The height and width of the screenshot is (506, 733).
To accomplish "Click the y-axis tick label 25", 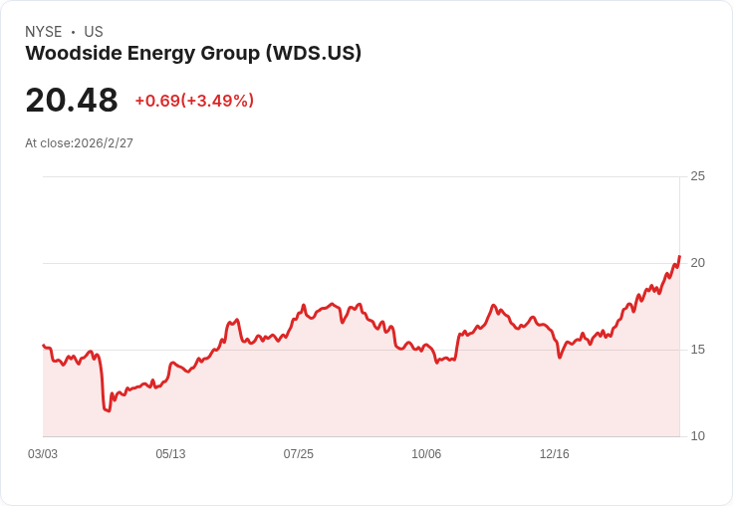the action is click(697, 176).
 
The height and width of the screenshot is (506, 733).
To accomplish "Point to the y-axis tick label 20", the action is click(697, 263).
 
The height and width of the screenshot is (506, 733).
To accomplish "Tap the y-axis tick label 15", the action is click(697, 350).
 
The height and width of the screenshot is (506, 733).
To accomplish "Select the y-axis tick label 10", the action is click(697, 436).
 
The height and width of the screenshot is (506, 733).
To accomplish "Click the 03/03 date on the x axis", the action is click(43, 454).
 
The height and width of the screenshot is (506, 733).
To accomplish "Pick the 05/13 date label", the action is click(170, 454).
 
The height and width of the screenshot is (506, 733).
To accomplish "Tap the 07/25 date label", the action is click(298, 454).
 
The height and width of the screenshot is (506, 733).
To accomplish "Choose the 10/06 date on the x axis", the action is click(426, 454).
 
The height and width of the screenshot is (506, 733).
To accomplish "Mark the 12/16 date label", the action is click(555, 454).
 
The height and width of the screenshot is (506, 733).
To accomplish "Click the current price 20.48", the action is click(72, 100).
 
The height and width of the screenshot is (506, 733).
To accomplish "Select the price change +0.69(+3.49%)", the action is click(194, 101).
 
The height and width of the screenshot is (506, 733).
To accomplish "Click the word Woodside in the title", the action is click(74, 53).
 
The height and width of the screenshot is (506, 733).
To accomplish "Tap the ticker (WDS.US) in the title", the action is click(314, 54).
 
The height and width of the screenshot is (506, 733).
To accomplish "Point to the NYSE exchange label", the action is click(44, 32).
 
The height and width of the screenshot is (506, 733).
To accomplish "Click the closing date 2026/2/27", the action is click(104, 143).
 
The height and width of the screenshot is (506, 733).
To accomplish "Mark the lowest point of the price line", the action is click(109, 411).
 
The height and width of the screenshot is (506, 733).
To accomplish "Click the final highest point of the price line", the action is click(679, 256).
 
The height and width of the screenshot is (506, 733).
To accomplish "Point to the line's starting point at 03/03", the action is click(43, 345).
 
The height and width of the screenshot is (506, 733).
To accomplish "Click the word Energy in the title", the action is click(160, 54).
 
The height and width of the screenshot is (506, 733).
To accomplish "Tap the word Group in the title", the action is click(230, 54).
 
